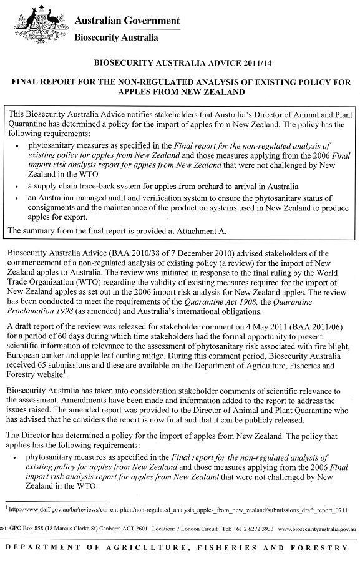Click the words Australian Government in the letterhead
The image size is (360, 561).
[127, 21]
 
